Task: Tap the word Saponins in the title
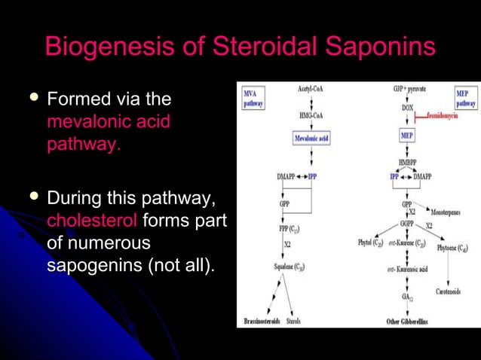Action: (x=382, y=47)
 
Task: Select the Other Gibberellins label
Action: (x=408, y=322)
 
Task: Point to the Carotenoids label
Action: (x=453, y=291)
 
